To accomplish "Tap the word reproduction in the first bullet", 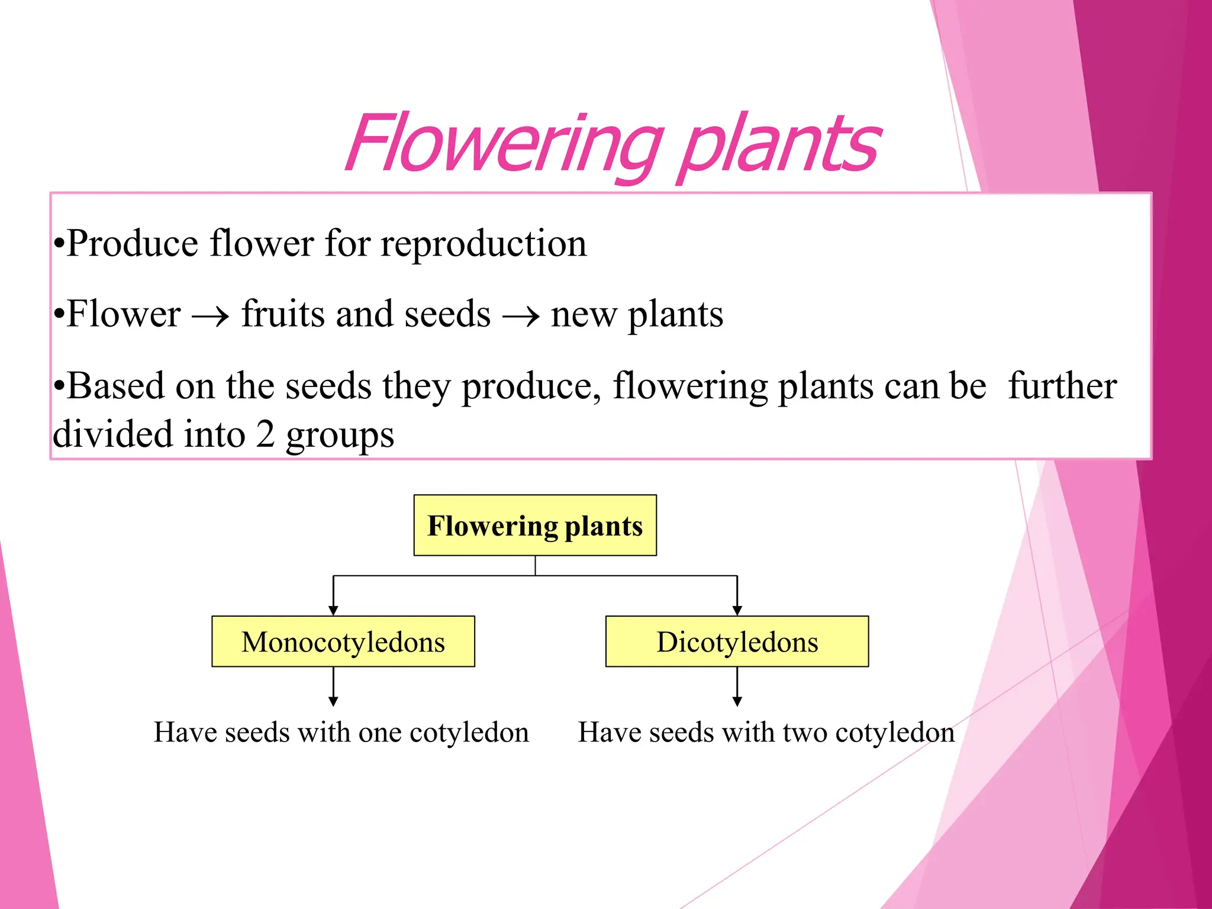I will click(x=483, y=244).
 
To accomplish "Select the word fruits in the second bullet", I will click(x=283, y=314).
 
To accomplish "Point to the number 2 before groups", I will click(x=265, y=434).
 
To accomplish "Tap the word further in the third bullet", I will click(x=1062, y=386).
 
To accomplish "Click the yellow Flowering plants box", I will click(x=535, y=526).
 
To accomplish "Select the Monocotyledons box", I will click(x=343, y=642).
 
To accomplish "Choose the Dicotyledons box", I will click(x=737, y=642).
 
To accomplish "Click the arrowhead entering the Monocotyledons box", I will click(x=333, y=610).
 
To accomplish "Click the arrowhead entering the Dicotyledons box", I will click(x=737, y=610).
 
